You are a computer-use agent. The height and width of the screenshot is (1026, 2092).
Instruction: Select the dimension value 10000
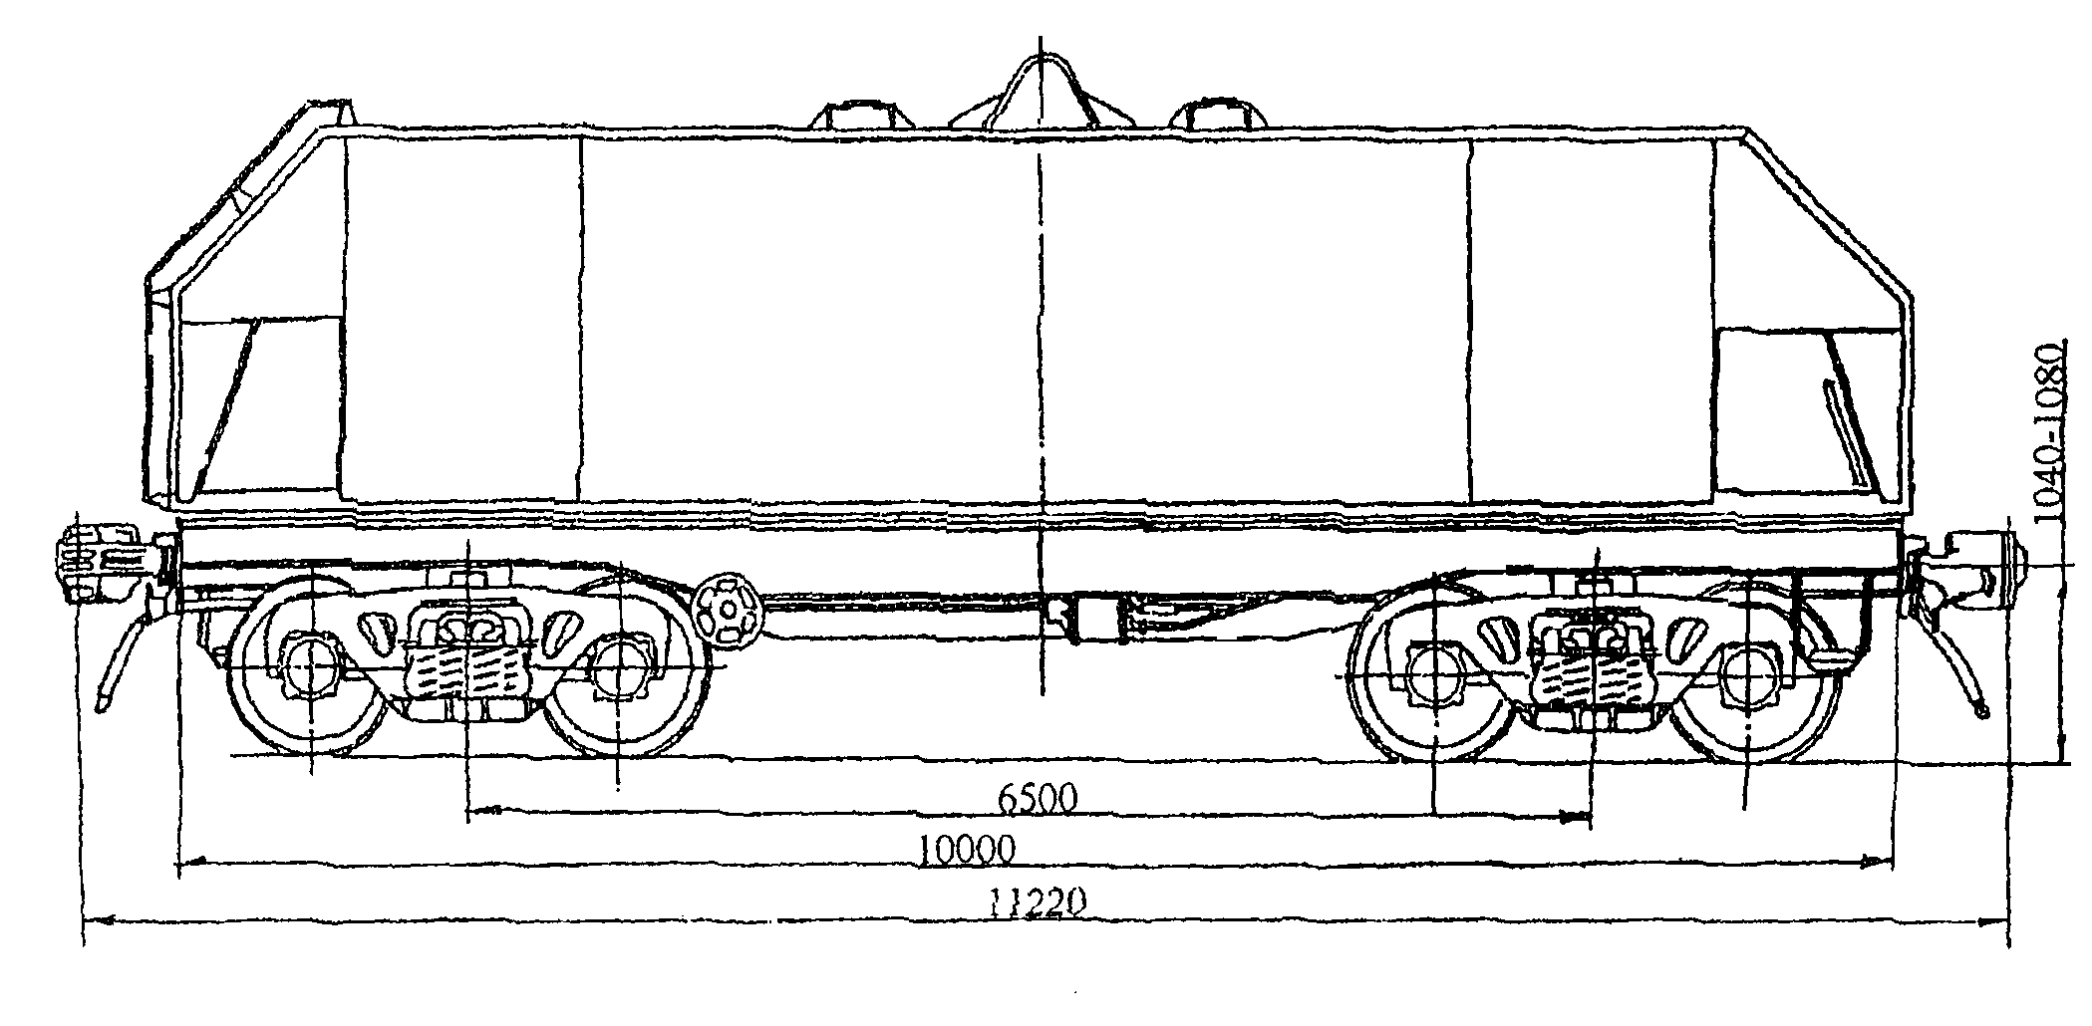(966, 850)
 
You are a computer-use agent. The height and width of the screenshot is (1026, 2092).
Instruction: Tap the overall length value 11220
(1038, 902)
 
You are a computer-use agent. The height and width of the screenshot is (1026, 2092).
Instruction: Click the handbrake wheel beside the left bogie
(728, 609)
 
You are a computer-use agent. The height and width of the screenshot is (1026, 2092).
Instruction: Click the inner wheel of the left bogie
(620, 665)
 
